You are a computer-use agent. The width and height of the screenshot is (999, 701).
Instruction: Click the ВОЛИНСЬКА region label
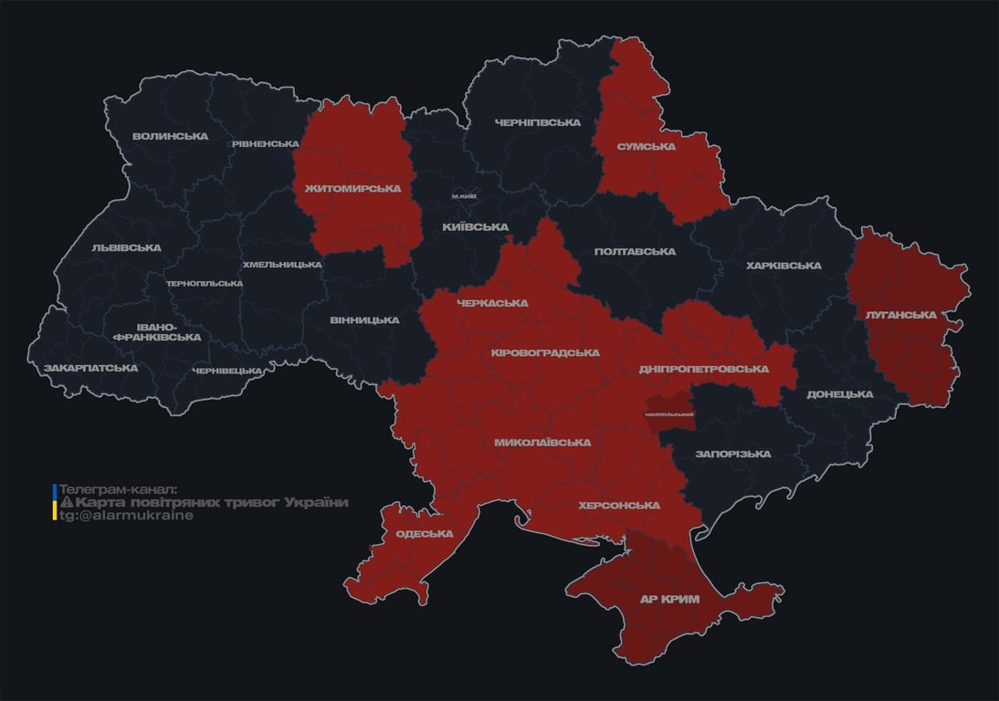(x=170, y=137)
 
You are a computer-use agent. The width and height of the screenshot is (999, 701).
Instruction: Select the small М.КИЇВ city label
(x=464, y=196)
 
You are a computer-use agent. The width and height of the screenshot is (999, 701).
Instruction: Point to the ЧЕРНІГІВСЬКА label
(x=538, y=122)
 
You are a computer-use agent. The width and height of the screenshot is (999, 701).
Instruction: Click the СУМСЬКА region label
(x=646, y=146)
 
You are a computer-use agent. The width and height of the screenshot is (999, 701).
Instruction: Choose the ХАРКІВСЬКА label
(x=783, y=266)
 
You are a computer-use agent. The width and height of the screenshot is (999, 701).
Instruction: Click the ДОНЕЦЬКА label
(x=839, y=394)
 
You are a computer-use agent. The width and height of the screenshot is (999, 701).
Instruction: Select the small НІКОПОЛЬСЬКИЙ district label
(x=669, y=415)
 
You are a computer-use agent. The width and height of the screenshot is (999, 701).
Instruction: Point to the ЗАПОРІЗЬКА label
(x=732, y=454)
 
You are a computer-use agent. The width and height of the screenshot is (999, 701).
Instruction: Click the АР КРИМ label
(x=669, y=599)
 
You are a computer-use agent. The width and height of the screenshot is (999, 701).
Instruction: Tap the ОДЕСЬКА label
(x=424, y=534)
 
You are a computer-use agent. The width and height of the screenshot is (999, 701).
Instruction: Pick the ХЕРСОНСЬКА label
(x=619, y=505)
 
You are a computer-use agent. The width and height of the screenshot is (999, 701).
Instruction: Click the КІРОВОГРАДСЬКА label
(x=545, y=352)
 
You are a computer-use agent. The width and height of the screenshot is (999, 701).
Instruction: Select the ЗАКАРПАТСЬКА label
(x=90, y=368)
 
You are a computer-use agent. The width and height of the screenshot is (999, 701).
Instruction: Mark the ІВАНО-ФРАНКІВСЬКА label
(x=156, y=331)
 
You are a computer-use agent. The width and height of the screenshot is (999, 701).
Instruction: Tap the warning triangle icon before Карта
(x=66, y=503)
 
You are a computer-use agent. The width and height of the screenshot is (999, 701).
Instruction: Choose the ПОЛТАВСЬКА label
(x=635, y=251)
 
